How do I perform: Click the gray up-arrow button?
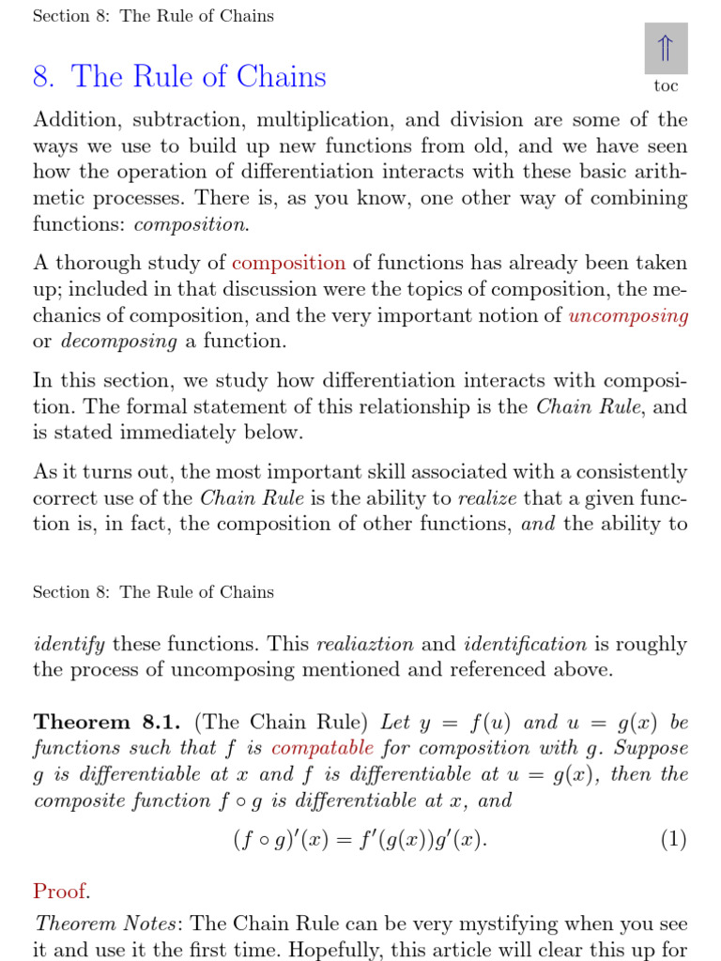pos(666,49)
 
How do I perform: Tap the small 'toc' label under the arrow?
pos(666,86)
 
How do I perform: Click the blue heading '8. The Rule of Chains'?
pos(179,76)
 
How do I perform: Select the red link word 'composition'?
pos(288,264)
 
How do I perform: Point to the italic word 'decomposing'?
pos(119,342)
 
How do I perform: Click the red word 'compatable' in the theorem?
pos(322,749)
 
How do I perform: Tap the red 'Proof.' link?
pos(61,891)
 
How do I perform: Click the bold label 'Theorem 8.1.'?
pos(110,723)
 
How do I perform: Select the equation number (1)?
pos(672,839)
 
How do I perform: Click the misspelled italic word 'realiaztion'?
pos(364,645)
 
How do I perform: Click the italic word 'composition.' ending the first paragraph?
pos(192,224)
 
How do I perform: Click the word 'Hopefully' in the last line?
pos(331,950)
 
